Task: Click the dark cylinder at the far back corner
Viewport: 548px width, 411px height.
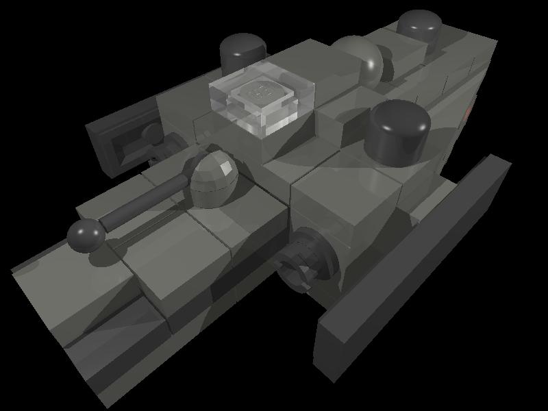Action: click(419, 27)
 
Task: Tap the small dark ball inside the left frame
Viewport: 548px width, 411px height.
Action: click(150, 134)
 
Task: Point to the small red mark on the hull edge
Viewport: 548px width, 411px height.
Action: click(469, 110)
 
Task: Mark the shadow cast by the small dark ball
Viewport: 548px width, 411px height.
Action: click(103, 257)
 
